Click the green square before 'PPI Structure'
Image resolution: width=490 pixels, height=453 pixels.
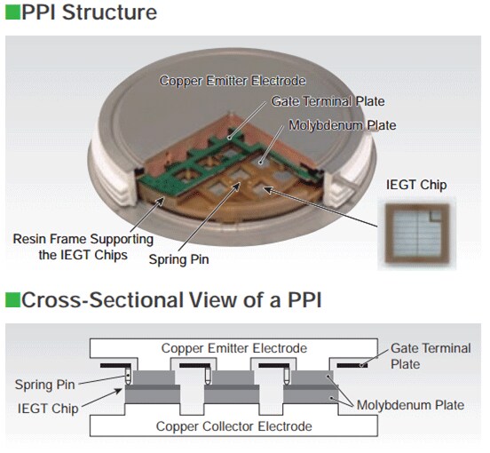[x=10, y=13]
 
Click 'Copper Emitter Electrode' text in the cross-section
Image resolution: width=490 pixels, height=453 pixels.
[x=234, y=348]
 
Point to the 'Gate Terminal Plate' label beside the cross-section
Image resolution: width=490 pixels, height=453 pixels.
[x=431, y=356]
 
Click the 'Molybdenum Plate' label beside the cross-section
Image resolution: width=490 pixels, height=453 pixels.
[x=410, y=405]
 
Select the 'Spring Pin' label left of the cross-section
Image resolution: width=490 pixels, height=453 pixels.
[x=45, y=385]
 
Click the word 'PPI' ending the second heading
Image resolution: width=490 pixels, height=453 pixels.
[x=301, y=300]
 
